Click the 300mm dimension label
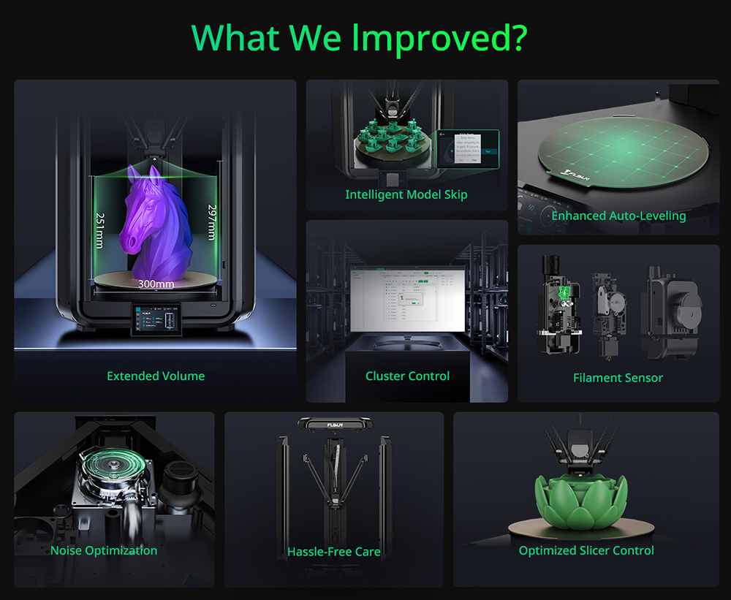point(156,284)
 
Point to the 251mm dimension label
point(99,230)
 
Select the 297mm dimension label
point(211,222)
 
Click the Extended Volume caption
point(156,376)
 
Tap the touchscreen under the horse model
point(154,322)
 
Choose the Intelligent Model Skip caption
point(406,194)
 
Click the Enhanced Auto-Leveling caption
point(618,216)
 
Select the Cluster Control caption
point(407,376)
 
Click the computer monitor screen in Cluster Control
point(407,297)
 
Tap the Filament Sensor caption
point(618,378)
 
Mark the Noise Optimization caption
point(104,550)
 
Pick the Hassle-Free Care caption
point(334,552)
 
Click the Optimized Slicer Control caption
point(586,550)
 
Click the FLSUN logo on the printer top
point(334,422)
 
